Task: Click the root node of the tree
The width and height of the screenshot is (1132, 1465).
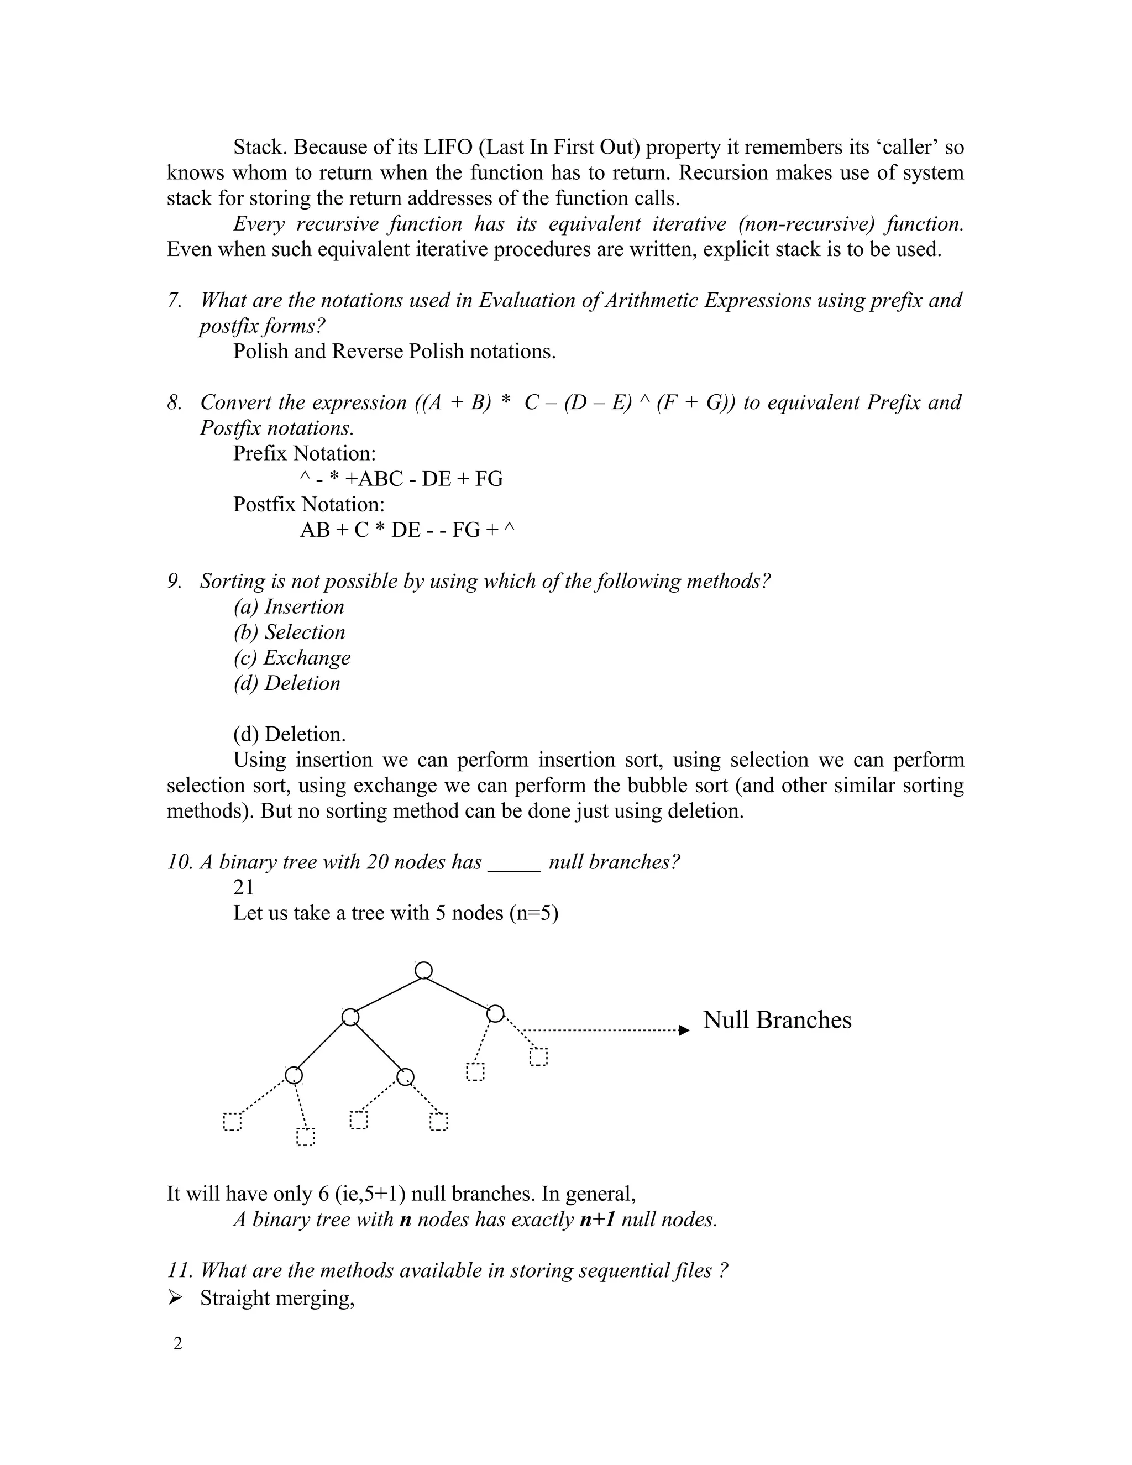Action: pos(423,971)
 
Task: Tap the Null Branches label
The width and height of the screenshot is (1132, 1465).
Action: pos(777,1019)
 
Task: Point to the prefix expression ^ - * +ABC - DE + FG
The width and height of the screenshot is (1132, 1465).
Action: pos(401,479)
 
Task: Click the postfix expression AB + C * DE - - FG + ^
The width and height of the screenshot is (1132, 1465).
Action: pos(407,530)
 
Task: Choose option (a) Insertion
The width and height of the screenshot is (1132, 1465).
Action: pos(289,606)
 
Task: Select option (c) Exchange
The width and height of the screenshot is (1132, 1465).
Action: pos(292,657)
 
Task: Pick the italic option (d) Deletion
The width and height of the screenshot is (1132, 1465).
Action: pos(287,683)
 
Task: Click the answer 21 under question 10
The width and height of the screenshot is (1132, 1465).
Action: pos(243,887)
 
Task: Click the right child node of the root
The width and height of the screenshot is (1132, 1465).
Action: pos(495,1013)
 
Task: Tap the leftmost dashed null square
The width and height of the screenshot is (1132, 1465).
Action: pos(232,1122)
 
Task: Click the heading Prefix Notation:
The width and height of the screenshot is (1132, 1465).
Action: pos(305,453)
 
